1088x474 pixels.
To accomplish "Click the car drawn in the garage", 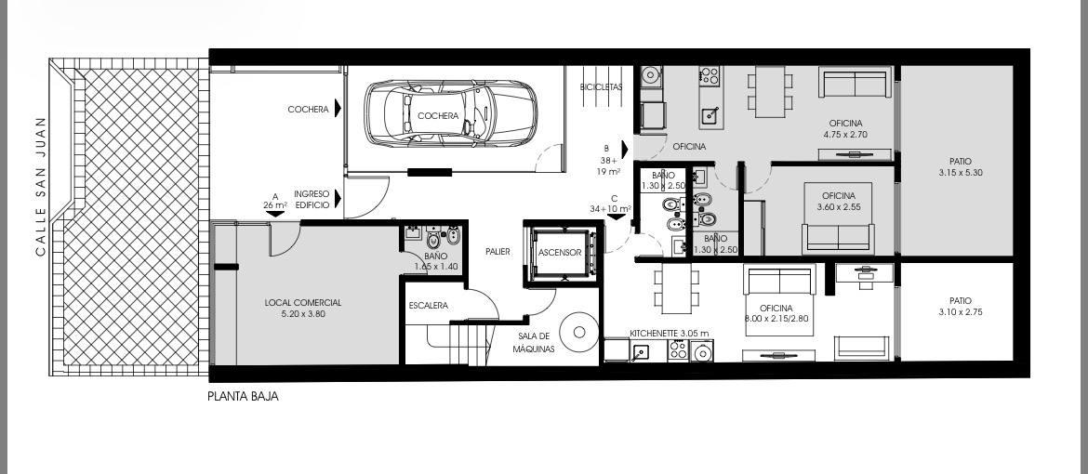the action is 450,113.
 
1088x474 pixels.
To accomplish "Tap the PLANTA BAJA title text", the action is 243,397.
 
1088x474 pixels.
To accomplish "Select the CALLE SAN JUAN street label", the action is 40,185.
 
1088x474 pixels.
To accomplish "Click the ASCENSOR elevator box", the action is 560,253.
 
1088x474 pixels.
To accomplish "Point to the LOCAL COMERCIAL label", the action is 303,303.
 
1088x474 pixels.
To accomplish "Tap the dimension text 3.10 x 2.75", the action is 961,311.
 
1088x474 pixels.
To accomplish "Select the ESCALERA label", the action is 428,306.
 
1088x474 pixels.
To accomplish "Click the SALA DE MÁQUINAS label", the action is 534,343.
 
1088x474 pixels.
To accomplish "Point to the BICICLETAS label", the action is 602,86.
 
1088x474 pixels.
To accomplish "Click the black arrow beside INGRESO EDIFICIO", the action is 338,199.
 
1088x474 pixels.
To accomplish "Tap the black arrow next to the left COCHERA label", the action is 338,108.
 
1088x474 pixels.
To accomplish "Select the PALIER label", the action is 498,252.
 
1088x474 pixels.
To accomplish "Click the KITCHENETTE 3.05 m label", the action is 670,333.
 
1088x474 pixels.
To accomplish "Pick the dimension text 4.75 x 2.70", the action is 846,135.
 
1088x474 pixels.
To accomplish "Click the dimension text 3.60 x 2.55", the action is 838,207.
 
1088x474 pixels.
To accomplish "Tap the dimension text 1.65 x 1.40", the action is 436,266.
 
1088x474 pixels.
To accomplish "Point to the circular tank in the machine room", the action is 578,331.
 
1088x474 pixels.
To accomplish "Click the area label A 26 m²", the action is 275,202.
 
